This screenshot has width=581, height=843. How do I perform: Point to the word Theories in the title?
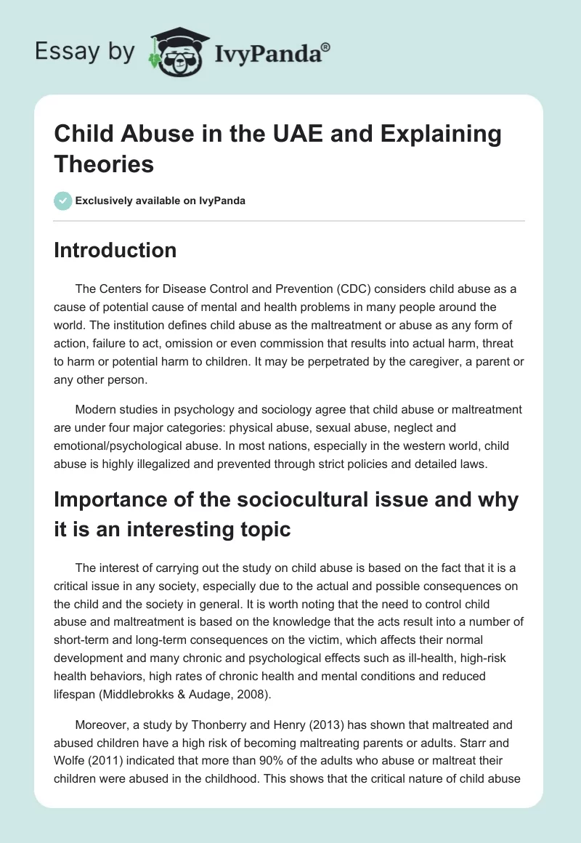[x=105, y=164]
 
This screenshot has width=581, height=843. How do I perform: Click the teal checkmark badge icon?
[x=63, y=201]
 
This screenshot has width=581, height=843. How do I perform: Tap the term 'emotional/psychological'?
[x=123, y=447]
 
